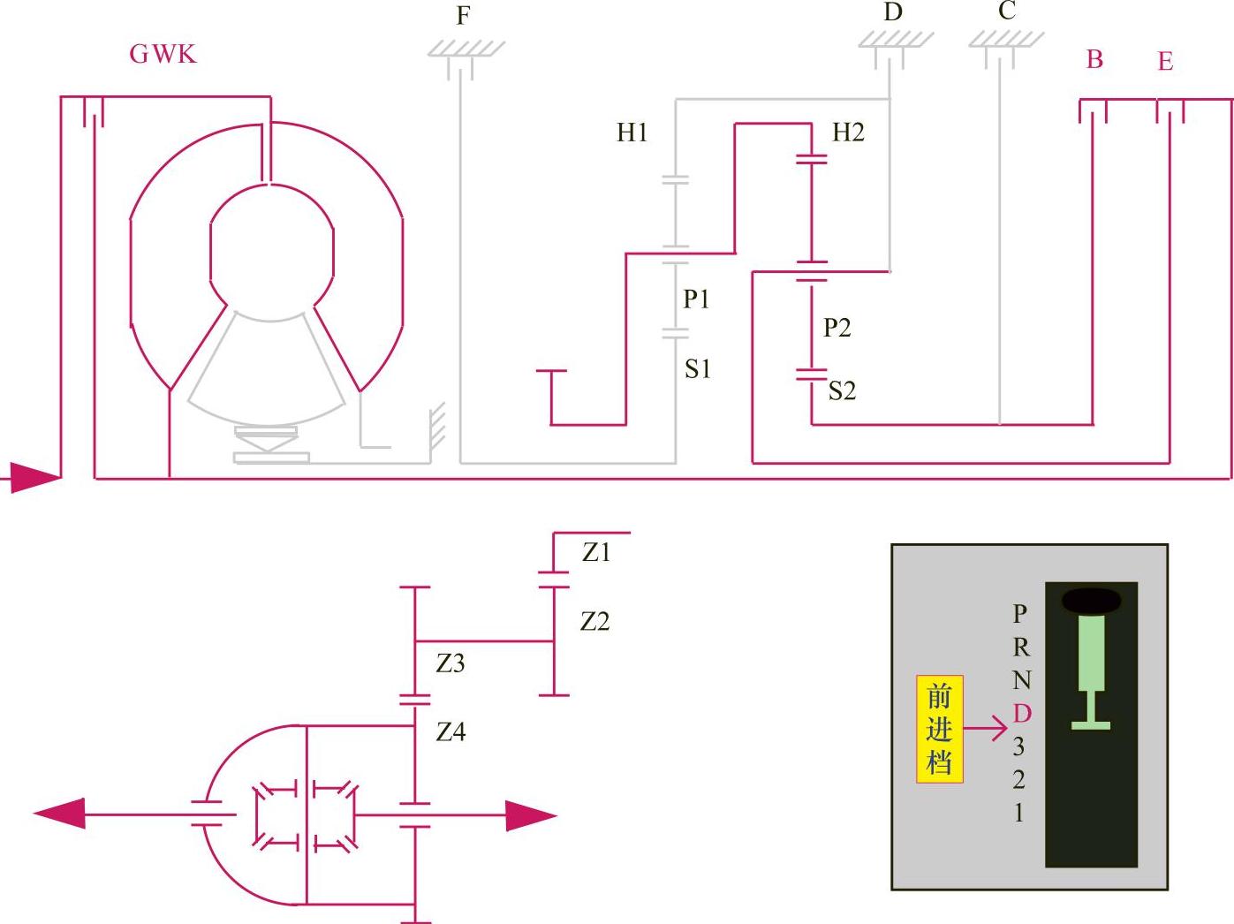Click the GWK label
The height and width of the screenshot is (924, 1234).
click(x=163, y=54)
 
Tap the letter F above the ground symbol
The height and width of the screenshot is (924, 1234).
click(x=463, y=16)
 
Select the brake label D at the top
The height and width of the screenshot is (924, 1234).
click(x=893, y=12)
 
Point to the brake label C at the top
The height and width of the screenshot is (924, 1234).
click(x=1007, y=11)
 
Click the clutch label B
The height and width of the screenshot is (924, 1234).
click(x=1094, y=59)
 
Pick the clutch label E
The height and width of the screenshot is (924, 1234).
click(x=1165, y=62)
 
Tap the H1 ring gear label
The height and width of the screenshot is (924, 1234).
click(x=632, y=133)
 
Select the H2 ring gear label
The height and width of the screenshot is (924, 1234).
click(x=848, y=133)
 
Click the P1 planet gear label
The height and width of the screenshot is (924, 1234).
click(x=696, y=299)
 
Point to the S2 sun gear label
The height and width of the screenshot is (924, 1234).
click(x=842, y=390)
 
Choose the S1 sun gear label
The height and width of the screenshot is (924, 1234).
click(x=698, y=369)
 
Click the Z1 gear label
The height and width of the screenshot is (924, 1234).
click(x=596, y=553)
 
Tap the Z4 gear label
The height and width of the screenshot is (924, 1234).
click(x=450, y=732)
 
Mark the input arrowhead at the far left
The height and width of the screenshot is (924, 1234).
click(x=35, y=478)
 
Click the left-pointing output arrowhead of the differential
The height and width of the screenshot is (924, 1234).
click(x=60, y=814)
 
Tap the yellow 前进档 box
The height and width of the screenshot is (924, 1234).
click(x=939, y=730)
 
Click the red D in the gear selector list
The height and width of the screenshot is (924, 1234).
click(x=1021, y=714)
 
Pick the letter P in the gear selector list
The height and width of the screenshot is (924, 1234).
click(x=1020, y=613)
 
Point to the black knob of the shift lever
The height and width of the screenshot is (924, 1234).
click(x=1091, y=602)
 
